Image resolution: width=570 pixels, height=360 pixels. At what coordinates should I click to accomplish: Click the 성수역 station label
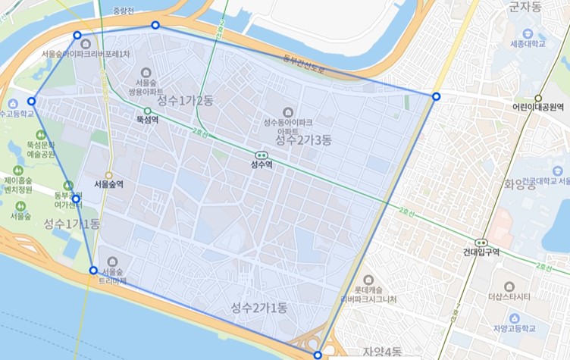[262, 163]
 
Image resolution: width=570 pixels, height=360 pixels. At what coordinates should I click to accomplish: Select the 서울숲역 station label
[108, 184]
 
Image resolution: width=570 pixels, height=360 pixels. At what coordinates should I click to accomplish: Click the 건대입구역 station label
[481, 252]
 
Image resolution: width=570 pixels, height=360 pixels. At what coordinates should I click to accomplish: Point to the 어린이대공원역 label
[538, 108]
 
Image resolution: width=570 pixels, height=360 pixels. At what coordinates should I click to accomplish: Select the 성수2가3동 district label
[303, 140]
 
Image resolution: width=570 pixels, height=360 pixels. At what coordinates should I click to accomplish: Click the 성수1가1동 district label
[71, 224]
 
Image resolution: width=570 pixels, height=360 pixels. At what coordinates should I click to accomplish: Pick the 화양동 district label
[525, 183]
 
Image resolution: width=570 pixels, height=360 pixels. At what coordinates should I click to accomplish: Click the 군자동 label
[525, 7]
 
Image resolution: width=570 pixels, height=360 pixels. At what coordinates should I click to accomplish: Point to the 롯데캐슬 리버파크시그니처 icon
[368, 280]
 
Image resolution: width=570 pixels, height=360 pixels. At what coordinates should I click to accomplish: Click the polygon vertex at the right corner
[436, 96]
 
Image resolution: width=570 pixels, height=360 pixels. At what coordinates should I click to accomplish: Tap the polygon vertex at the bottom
[318, 355]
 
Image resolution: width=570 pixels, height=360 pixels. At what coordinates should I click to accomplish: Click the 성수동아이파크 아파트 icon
[287, 111]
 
